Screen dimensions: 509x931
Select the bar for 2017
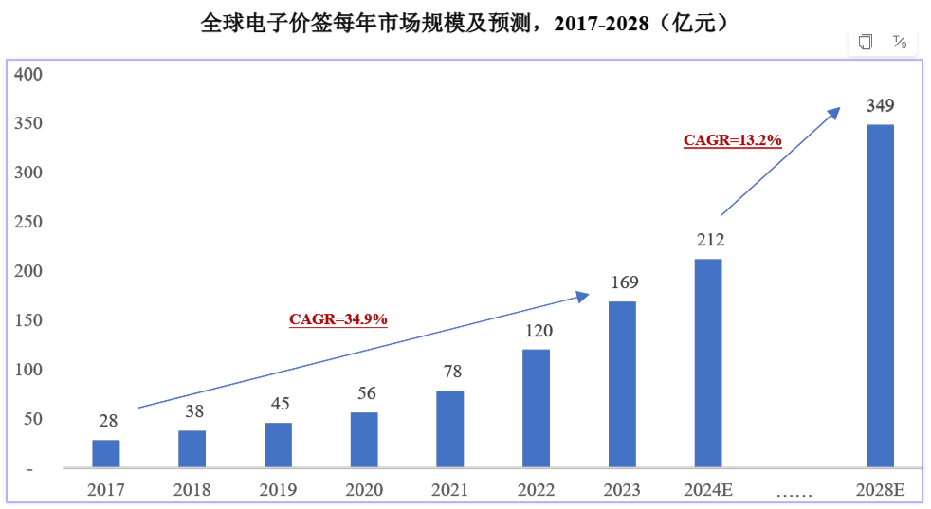click(106, 453)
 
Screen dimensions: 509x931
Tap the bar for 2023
click(622, 384)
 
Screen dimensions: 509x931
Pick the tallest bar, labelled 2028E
click(880, 296)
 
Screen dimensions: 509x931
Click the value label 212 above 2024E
click(708, 240)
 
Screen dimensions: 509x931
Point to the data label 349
click(880, 105)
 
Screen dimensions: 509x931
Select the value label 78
click(450, 372)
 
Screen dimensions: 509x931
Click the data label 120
click(537, 331)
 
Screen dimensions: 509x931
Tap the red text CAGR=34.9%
click(338, 319)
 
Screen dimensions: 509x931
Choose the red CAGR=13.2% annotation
click(732, 140)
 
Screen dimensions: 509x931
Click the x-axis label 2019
click(278, 490)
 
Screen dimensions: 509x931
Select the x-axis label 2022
click(537, 490)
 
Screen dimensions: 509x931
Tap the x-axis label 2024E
click(708, 490)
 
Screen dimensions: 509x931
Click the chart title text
click(465, 22)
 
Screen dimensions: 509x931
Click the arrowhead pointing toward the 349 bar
click(834, 111)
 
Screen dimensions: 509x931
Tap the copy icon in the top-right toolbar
click(866, 42)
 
